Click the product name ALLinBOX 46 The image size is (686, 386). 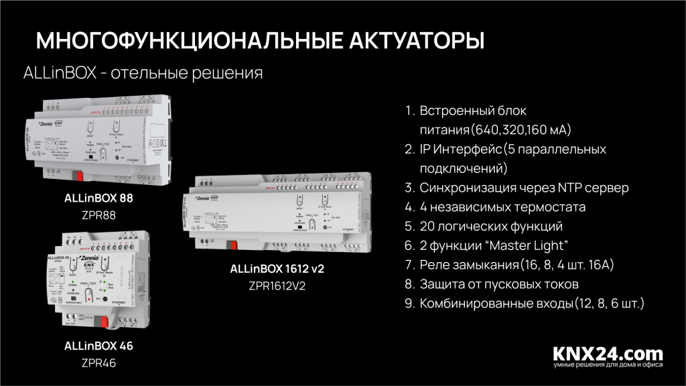tap(98, 346)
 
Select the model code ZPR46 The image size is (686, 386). tap(98, 363)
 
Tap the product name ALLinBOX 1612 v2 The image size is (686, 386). tap(281, 269)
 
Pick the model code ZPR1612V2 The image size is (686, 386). tap(281, 285)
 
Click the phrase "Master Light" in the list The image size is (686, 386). tap(531, 246)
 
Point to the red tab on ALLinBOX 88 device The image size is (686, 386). tap(80, 176)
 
